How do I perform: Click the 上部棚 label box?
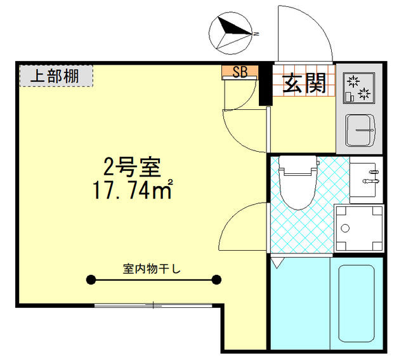click(56, 76)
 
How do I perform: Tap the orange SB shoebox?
click(240, 72)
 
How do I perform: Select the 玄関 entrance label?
click(304, 83)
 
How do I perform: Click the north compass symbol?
click(230, 33)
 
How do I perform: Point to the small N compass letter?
click(256, 34)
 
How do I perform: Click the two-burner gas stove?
click(359, 88)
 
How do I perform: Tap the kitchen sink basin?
click(360, 130)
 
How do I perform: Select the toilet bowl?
click(298, 182)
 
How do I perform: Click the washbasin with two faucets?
click(366, 180)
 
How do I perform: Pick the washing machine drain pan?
click(358, 229)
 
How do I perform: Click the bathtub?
click(357, 303)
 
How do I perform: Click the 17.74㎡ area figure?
click(133, 189)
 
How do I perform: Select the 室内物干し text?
click(152, 269)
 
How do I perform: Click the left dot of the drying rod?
click(91, 279)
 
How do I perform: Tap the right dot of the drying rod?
click(216, 279)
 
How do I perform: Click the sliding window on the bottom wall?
click(153, 305)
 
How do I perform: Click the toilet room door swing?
click(234, 220)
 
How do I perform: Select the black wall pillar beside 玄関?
click(265, 84)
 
